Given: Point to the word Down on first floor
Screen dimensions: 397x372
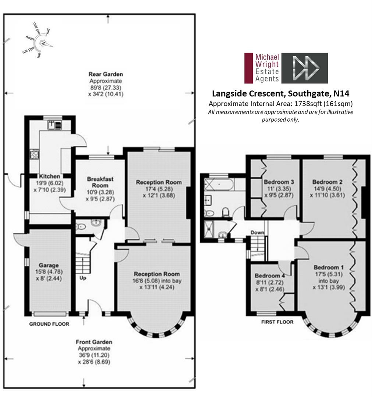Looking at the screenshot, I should [257, 232].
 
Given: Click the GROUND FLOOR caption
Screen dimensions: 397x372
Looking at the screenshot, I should [49, 324].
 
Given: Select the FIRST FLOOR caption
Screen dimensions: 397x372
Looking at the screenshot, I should [277, 322].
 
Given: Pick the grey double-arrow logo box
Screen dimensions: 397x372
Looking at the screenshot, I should [305, 68].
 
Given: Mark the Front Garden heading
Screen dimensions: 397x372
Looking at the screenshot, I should [94, 342].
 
